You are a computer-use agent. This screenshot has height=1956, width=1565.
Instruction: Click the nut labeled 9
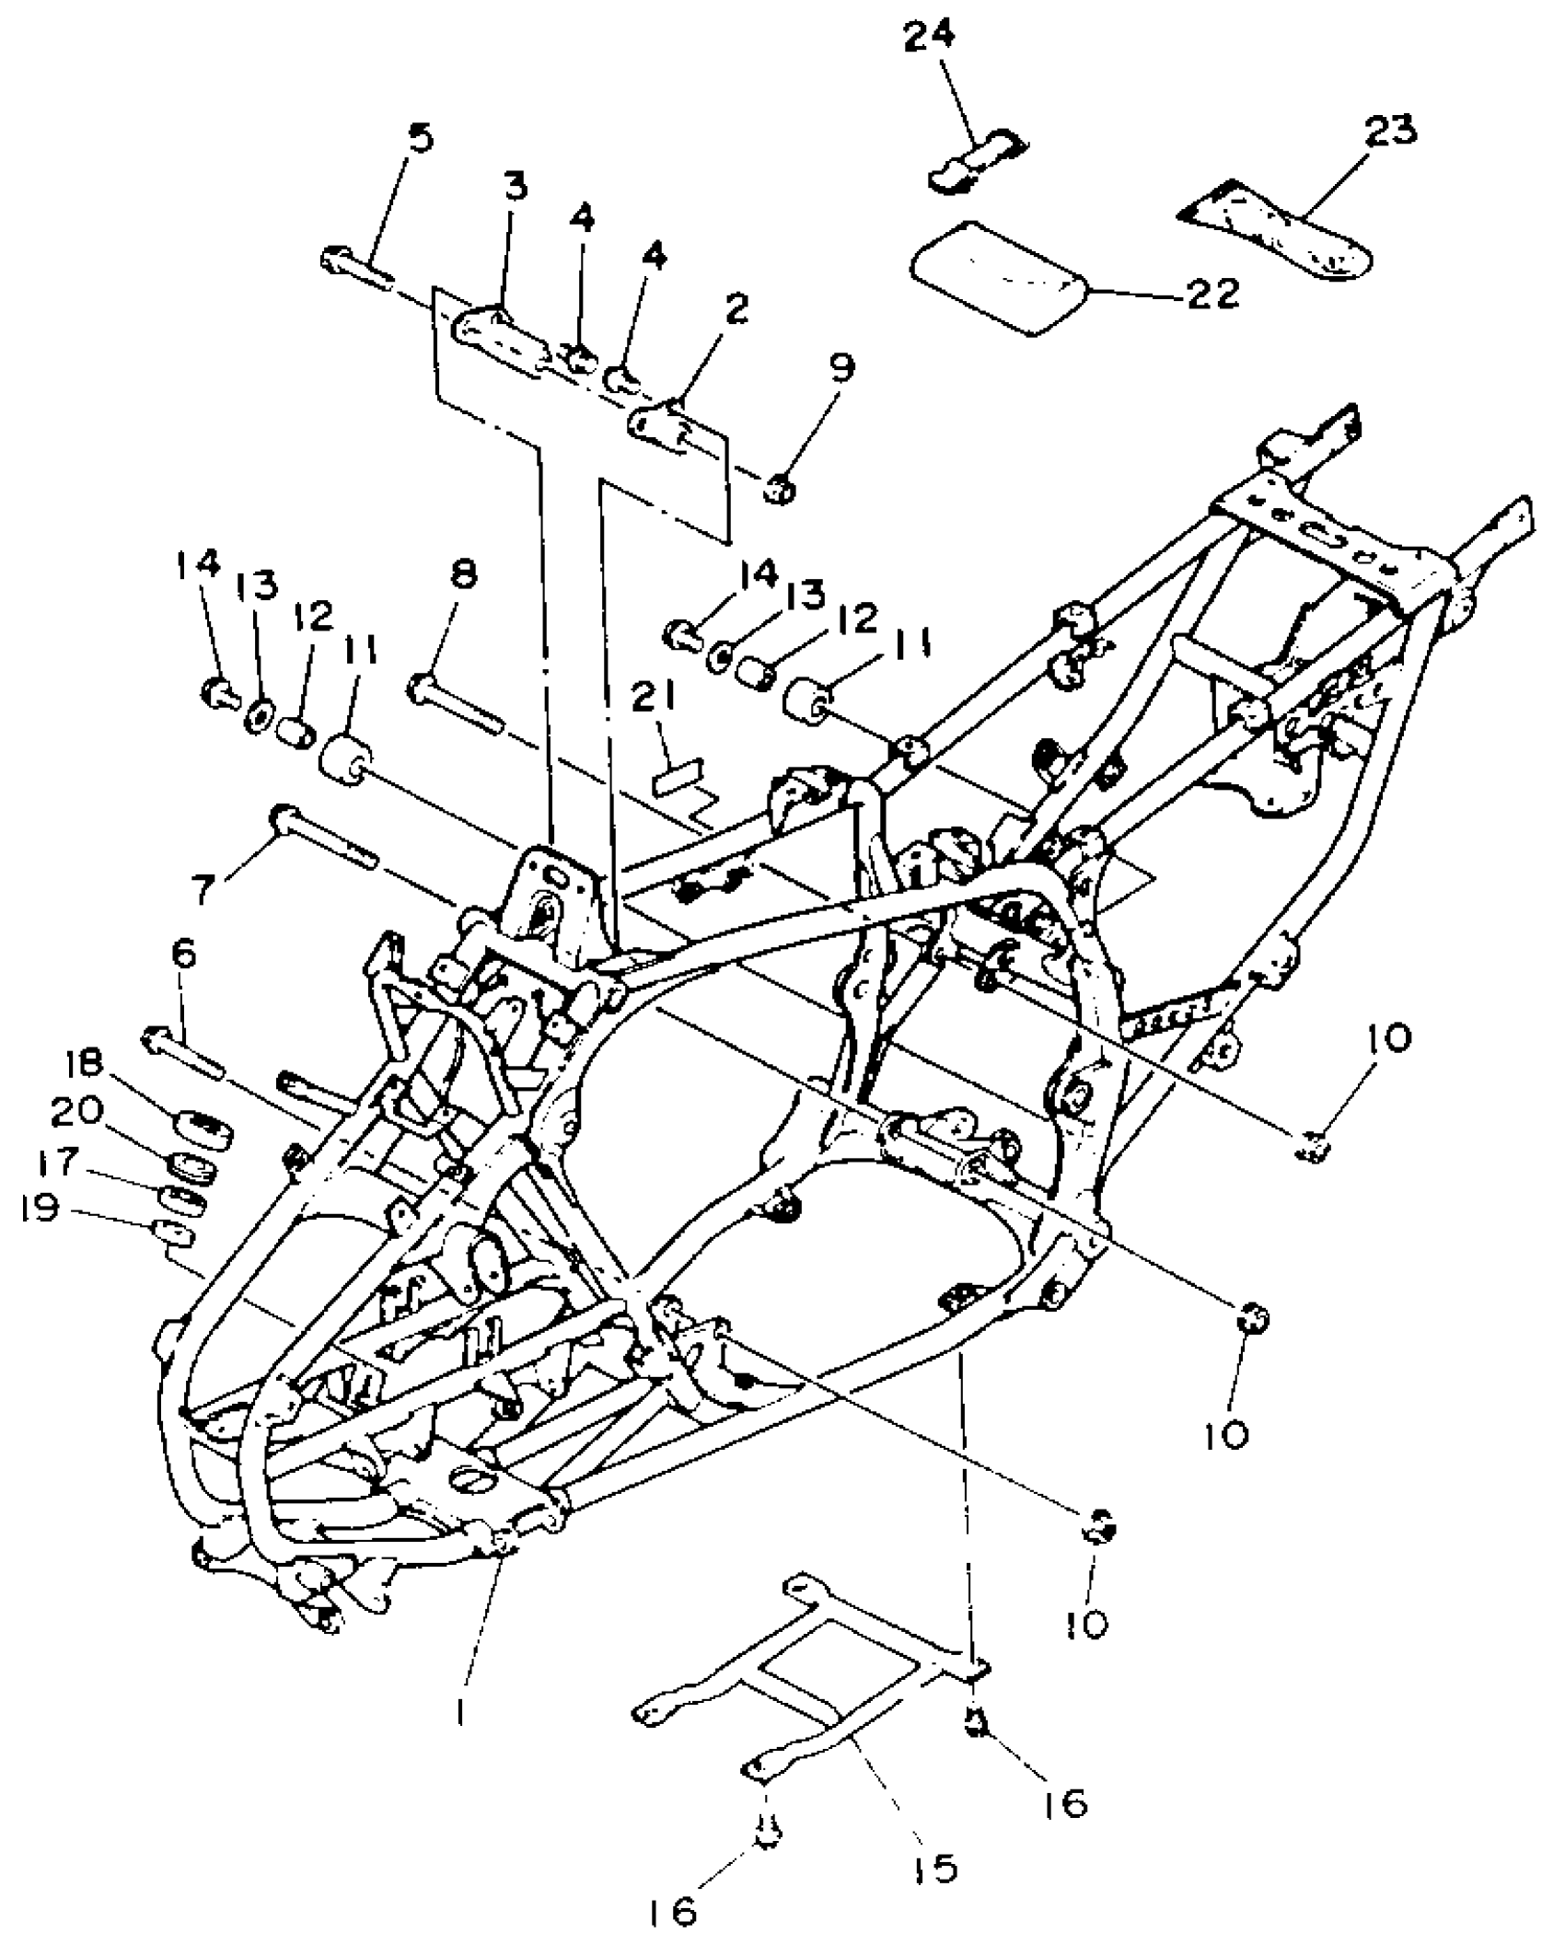click(x=781, y=490)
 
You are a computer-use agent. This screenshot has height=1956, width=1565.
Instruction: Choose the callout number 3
click(x=515, y=188)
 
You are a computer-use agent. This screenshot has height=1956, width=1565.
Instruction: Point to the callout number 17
click(x=57, y=1162)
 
